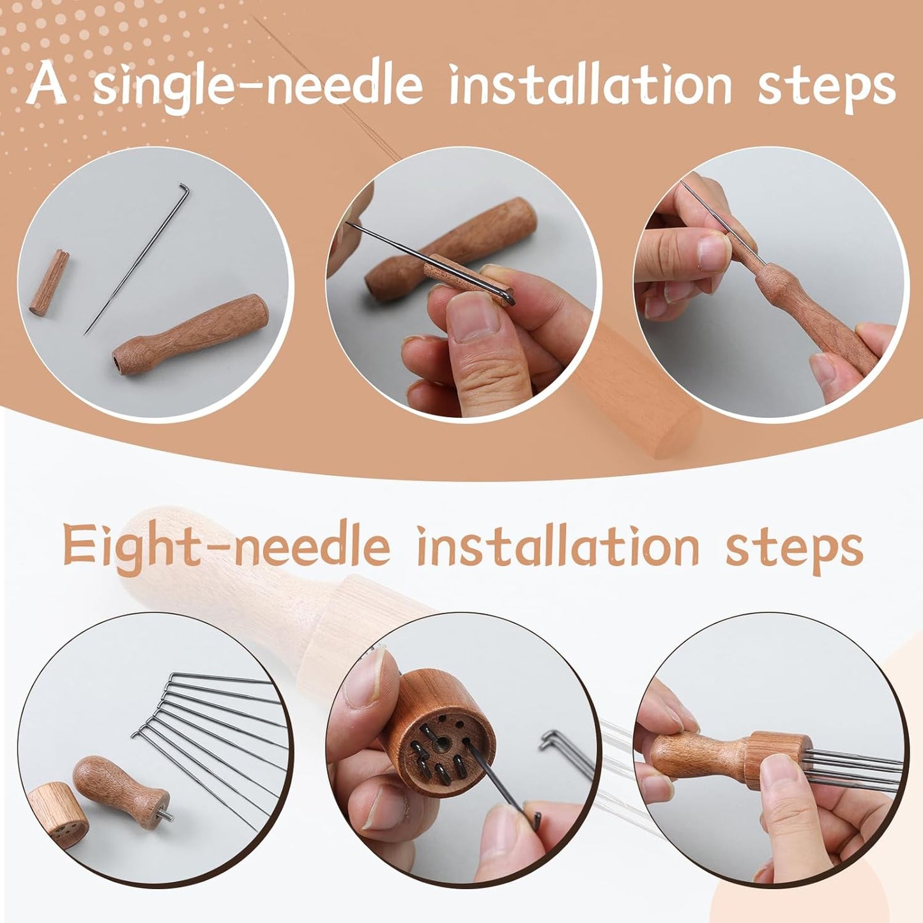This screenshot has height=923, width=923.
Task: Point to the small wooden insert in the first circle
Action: tap(50, 282)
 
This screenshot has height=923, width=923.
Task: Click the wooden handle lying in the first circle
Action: tap(190, 335)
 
